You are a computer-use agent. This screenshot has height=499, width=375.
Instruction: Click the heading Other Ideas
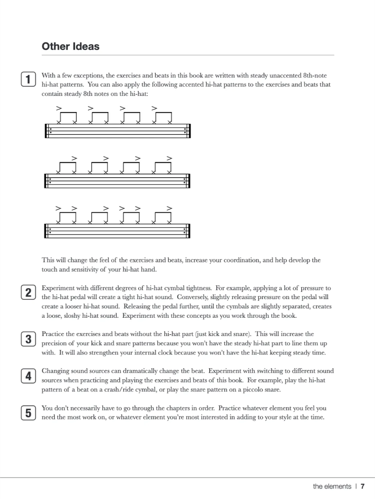click(71, 46)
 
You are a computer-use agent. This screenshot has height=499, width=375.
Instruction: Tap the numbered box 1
click(28, 79)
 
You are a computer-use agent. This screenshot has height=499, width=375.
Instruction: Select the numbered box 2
click(28, 292)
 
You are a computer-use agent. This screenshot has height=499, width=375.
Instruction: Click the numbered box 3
click(28, 338)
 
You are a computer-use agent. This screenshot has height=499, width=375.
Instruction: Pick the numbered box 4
click(28, 376)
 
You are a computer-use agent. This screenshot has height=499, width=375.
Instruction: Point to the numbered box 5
click(28, 413)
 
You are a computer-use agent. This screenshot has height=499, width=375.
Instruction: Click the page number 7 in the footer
click(362, 486)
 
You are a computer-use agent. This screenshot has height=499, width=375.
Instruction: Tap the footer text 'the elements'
click(332, 486)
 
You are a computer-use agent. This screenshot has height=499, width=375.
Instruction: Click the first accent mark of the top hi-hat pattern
click(59, 108)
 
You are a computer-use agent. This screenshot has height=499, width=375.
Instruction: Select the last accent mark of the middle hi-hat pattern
click(169, 158)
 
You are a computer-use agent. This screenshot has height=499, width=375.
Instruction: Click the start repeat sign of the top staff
click(48, 131)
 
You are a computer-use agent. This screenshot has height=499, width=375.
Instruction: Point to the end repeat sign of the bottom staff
click(186, 231)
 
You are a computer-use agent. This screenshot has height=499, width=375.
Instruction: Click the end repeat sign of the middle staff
click(186, 181)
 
